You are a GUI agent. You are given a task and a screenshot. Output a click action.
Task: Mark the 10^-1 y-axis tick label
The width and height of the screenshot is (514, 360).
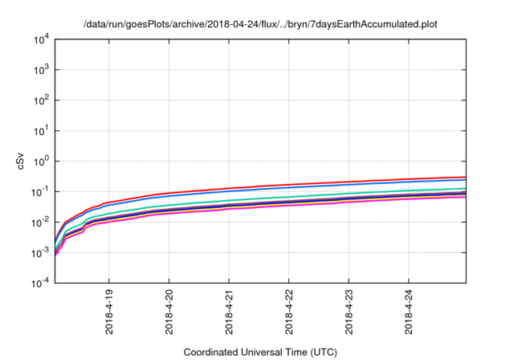(40, 191)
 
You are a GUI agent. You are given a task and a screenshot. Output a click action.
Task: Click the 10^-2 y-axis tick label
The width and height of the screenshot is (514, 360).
(40, 222)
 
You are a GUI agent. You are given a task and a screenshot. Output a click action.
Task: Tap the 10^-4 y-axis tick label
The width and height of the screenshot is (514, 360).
(40, 282)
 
